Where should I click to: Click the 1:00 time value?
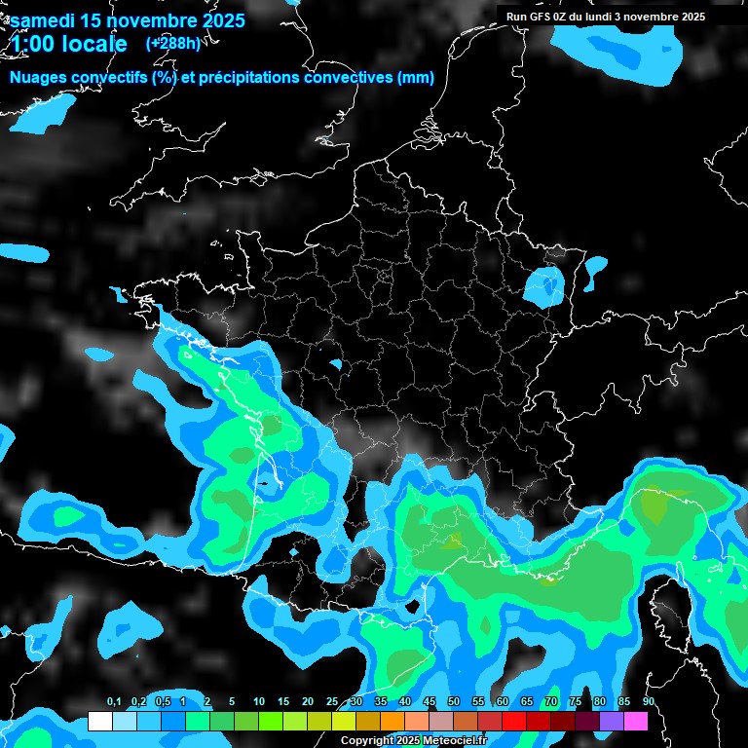(30, 44)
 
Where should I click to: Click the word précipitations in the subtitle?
(257, 78)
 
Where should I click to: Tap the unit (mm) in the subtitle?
(416, 78)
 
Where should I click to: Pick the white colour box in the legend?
(99, 722)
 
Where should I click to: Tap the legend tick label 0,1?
(113, 702)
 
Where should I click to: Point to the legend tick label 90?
(648, 702)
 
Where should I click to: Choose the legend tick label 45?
(430, 702)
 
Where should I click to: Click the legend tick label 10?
(259, 702)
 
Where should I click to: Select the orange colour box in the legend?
(393, 722)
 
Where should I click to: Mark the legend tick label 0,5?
(161, 702)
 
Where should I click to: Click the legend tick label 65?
(527, 702)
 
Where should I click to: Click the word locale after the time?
(93, 44)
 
